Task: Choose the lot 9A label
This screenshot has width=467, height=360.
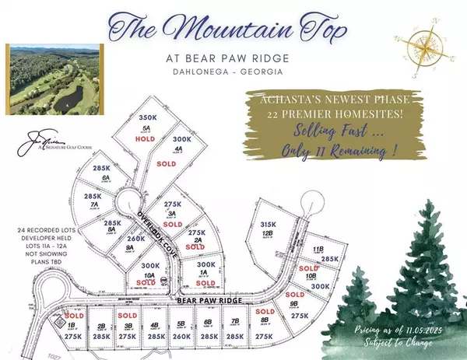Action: [130, 250]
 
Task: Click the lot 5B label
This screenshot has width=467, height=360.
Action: [181, 325]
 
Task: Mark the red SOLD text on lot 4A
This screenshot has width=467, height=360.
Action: [187, 165]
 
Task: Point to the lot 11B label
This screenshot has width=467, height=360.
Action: [318, 249]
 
